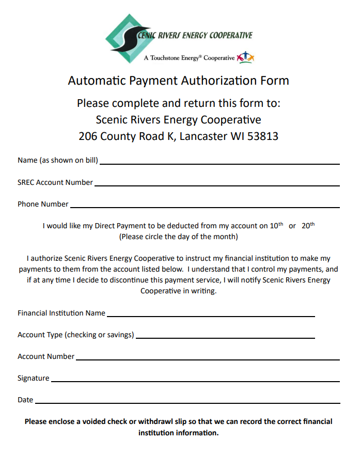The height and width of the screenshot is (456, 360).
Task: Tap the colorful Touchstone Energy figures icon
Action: [245, 58]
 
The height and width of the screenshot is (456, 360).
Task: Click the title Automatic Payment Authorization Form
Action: [179, 81]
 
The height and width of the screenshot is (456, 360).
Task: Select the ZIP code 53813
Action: [263, 137]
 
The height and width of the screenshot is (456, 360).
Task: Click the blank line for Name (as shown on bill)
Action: [220, 163]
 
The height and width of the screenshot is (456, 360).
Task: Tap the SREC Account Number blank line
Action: [217, 184]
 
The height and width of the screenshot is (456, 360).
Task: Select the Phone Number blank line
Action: [205, 206]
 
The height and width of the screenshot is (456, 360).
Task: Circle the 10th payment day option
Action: [277, 226]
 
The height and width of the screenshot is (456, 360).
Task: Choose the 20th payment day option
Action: [308, 226]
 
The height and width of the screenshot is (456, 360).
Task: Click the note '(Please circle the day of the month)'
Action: [179, 237]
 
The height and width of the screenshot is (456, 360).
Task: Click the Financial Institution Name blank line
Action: [211, 315]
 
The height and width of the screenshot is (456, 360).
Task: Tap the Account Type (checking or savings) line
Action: [225, 337]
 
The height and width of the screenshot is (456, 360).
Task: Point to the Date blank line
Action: [187, 402]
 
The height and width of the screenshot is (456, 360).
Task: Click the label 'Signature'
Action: [34, 379]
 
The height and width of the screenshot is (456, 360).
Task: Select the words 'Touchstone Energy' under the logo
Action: [175, 58]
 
